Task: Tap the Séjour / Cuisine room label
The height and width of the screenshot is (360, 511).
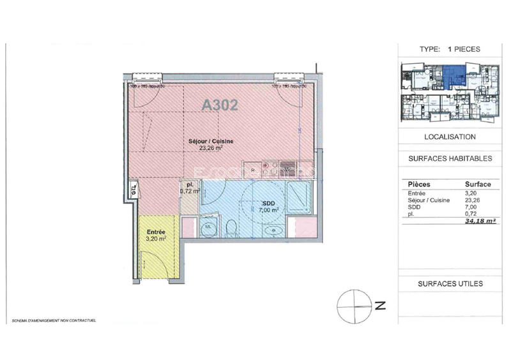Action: (x=210, y=144)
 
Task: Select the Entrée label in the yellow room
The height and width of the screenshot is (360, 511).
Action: (x=156, y=234)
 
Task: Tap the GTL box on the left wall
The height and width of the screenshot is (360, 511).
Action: (x=133, y=189)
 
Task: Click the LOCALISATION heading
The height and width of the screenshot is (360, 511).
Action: (x=450, y=137)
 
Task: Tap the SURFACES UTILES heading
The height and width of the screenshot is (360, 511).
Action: (x=450, y=283)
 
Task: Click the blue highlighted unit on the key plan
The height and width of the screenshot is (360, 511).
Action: (x=454, y=79)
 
